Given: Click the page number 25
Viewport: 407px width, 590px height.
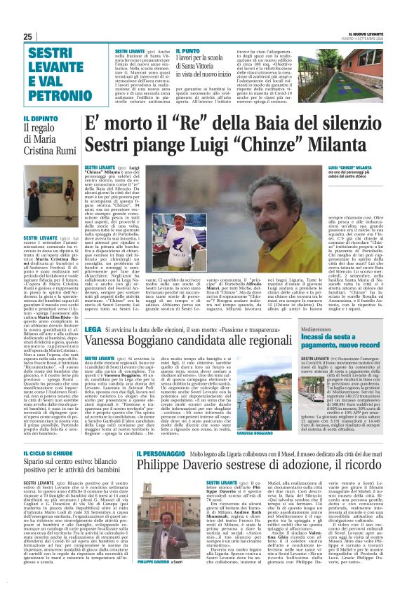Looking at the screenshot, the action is (27, 36).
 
